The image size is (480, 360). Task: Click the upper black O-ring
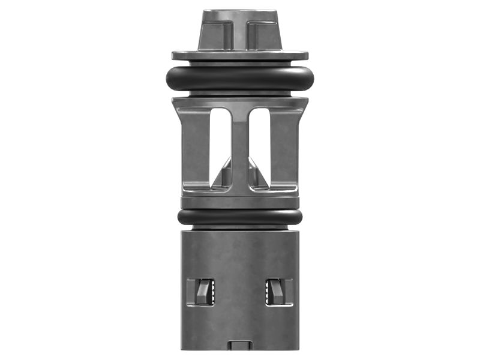pos(240,77)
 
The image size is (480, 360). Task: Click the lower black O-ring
pos(240,217)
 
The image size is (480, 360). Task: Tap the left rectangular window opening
pos(219,141)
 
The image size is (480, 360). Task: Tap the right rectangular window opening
pos(260,141)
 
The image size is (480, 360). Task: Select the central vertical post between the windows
pos(239,150)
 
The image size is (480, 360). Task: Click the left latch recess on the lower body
pos(201,292)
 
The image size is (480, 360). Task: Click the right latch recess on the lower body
pos(279,292)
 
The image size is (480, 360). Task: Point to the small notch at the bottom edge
pos(240,346)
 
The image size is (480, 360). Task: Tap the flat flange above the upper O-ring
pos(240,55)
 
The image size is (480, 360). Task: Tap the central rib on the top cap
pos(240,33)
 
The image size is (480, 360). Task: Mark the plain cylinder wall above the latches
pos(240,252)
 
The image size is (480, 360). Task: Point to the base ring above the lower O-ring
pos(240,201)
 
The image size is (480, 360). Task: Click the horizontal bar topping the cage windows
pos(240,103)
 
